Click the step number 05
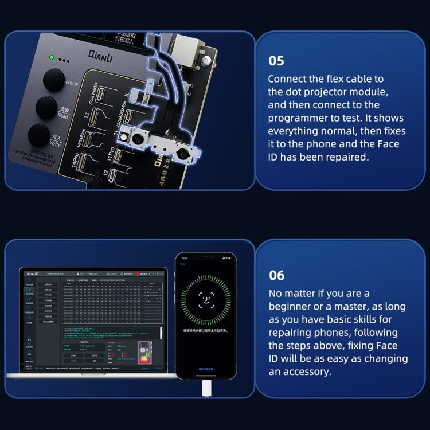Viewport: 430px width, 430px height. (x=277, y=61)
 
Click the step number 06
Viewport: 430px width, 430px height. (x=277, y=275)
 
